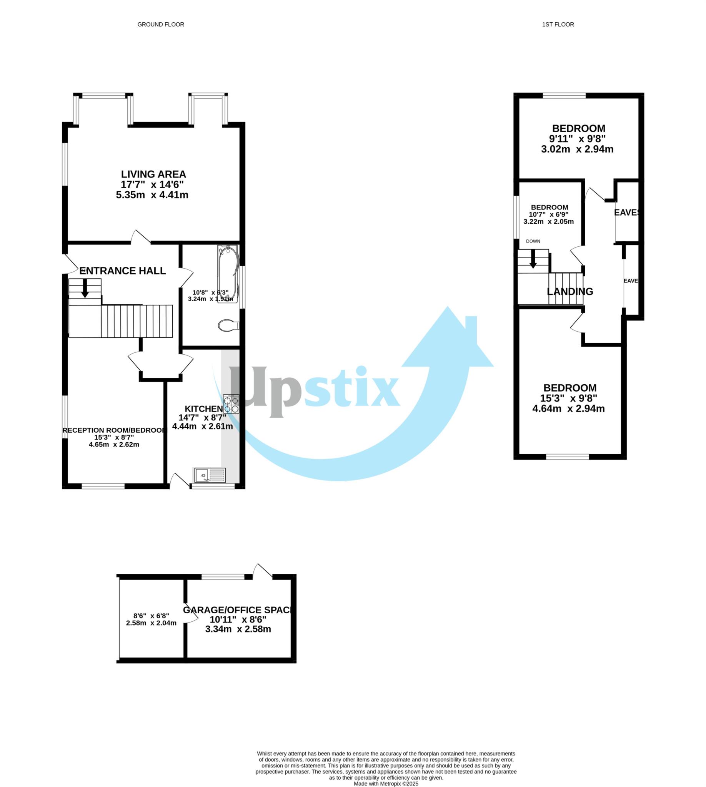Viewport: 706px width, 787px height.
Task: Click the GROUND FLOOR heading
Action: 161,25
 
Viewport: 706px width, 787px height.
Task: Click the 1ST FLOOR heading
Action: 558,25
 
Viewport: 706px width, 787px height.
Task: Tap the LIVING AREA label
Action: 153,174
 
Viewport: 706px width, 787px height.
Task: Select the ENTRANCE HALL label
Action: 123,271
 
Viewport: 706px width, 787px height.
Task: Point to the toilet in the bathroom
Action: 228,325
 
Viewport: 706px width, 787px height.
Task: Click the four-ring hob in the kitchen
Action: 231,403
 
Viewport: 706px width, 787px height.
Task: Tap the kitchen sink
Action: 210,475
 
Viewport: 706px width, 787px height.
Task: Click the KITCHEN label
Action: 204,409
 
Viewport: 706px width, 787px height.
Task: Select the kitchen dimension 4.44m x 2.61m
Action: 203,427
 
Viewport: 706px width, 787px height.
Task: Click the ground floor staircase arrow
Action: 85,289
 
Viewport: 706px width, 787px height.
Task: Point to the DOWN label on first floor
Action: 533,241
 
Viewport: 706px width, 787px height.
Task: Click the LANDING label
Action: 570,292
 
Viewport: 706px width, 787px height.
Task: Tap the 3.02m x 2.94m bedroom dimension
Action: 577,149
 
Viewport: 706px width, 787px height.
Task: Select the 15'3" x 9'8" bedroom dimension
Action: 569,398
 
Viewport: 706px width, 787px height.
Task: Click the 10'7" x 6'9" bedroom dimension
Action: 548,214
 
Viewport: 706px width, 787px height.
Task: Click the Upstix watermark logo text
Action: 314,392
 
